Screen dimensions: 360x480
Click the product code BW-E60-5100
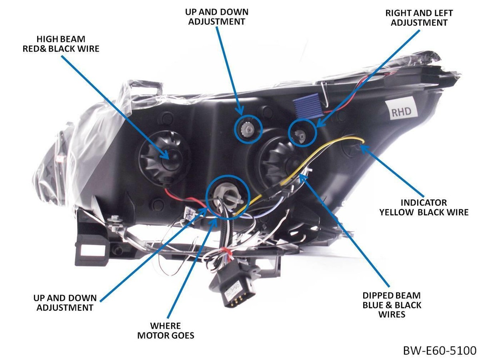pos(439,351)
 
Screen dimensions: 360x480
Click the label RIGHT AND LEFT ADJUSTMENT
pos(419,18)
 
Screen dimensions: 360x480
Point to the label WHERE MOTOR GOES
pos(166,330)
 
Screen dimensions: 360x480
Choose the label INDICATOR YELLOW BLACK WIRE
pos(424,208)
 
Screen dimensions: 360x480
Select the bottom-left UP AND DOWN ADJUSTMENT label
pos(65,303)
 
